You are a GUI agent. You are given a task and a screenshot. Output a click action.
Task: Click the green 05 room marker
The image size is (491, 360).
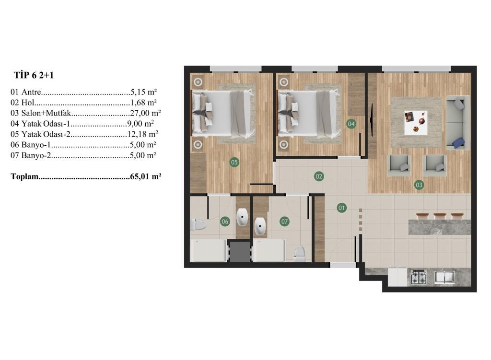(234, 162)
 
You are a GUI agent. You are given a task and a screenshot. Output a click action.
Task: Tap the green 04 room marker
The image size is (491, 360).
(351, 124)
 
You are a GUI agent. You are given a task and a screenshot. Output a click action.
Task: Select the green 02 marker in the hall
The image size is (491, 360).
(319, 176)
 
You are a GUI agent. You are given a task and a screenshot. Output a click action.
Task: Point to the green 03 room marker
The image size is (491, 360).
(419, 185)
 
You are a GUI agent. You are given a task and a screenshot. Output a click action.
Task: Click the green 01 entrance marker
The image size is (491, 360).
(341, 208)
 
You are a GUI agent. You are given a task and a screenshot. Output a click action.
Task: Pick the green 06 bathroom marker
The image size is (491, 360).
(225, 221)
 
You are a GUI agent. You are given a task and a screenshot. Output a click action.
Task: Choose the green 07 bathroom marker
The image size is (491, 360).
(284, 221)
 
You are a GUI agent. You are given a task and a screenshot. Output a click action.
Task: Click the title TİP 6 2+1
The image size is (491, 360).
(34, 75)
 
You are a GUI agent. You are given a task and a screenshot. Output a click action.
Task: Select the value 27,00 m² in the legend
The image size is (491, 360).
(145, 113)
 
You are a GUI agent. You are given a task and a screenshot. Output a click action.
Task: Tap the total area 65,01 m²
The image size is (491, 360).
(145, 176)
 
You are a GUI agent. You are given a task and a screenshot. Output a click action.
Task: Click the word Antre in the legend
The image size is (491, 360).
(31, 92)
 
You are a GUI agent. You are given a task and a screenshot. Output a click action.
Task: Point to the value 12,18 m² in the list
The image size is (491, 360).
(143, 134)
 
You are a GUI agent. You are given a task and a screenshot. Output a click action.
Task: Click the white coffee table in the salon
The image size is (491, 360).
(416, 122)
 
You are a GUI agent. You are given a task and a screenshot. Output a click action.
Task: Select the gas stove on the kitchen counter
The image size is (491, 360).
(418, 277)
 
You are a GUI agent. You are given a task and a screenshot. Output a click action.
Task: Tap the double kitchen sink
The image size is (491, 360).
(444, 277)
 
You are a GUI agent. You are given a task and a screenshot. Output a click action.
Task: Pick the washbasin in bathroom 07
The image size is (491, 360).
(260, 226)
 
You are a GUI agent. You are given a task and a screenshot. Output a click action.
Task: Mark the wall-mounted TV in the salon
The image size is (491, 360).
(372, 120)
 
